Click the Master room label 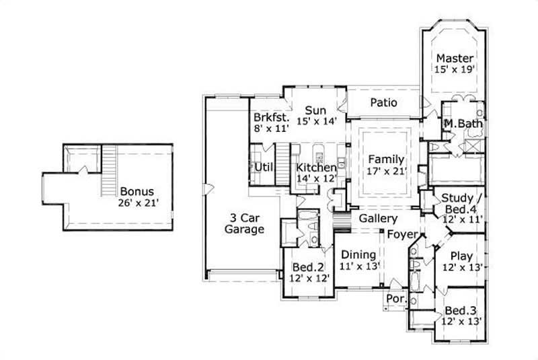click(455, 58)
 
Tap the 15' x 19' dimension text click(455, 69)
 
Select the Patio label click(383, 103)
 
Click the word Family click(385, 159)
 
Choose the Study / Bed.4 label click(462, 203)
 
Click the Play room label click(461, 256)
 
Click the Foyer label click(402, 234)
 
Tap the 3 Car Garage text click(244, 223)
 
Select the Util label click(263, 166)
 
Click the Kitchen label click(316, 167)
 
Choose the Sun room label click(315, 110)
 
